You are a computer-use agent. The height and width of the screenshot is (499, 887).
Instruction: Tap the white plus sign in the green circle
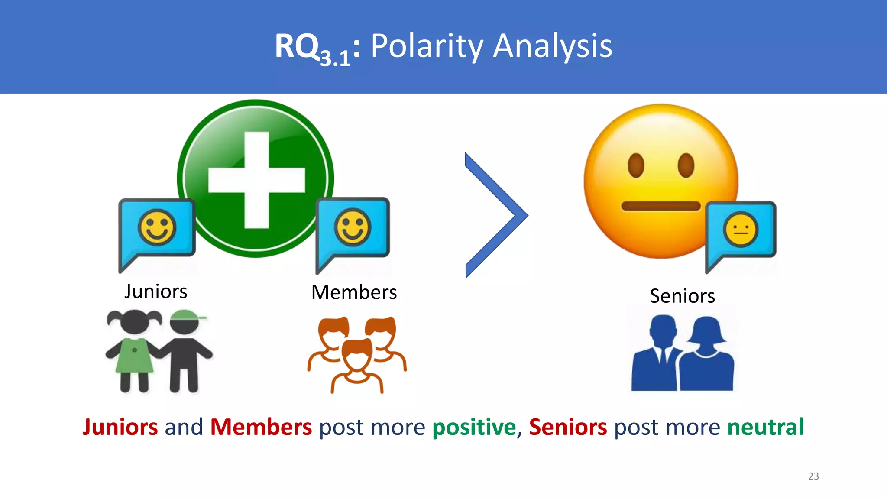point(256,180)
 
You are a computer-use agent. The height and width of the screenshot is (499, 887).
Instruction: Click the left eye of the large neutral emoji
point(636,165)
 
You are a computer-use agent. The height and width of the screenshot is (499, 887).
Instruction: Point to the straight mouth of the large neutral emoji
point(660,206)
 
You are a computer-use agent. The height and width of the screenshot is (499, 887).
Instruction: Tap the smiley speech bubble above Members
point(353,230)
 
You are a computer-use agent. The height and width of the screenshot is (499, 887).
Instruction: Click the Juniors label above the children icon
point(156,292)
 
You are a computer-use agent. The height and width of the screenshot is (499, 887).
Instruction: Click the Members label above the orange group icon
point(354,292)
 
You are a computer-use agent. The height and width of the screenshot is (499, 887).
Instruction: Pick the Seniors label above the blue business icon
point(682,296)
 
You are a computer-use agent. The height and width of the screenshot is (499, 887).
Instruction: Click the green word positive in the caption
point(474,428)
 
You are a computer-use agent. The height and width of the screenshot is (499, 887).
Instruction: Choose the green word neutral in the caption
point(765,428)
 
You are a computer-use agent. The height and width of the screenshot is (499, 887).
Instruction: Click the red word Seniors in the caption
point(568,428)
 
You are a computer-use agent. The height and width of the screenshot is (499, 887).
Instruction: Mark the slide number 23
point(813,476)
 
